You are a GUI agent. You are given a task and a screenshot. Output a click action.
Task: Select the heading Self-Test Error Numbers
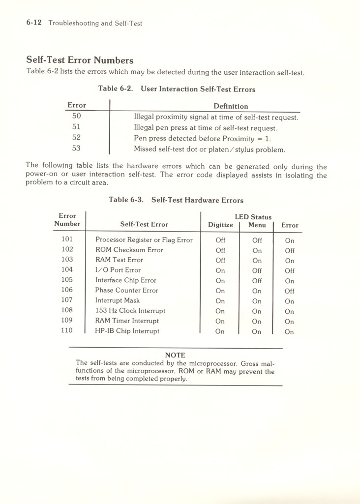click(x=80, y=60)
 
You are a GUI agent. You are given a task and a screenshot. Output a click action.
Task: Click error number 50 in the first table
click(x=76, y=117)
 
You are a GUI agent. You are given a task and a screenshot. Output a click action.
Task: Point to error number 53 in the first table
click(x=76, y=148)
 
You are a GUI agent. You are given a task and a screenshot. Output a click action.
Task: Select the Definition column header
click(x=231, y=106)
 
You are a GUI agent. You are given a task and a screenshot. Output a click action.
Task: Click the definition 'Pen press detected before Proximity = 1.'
click(x=206, y=138)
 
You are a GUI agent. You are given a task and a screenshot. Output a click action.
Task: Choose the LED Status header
click(x=253, y=217)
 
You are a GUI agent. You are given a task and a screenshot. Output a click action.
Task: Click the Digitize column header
click(x=220, y=225)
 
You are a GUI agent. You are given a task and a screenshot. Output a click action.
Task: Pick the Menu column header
click(x=257, y=225)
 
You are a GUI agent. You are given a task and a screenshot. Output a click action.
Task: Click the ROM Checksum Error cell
click(x=129, y=250)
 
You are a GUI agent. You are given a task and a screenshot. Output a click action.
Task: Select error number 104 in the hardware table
click(x=67, y=269)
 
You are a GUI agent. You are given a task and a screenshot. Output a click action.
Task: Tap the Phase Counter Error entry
click(x=126, y=290)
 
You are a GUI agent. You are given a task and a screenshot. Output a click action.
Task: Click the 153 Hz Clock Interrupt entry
click(x=130, y=311)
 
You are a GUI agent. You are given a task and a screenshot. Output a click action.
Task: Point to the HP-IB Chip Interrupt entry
click(x=127, y=331)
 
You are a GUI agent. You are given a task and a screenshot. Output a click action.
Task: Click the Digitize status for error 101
click(x=220, y=240)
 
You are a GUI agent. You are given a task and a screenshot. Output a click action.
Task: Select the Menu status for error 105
click(x=257, y=281)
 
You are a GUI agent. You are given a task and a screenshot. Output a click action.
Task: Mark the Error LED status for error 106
click(x=289, y=291)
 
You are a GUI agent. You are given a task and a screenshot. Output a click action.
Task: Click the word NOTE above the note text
click(x=175, y=355)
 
